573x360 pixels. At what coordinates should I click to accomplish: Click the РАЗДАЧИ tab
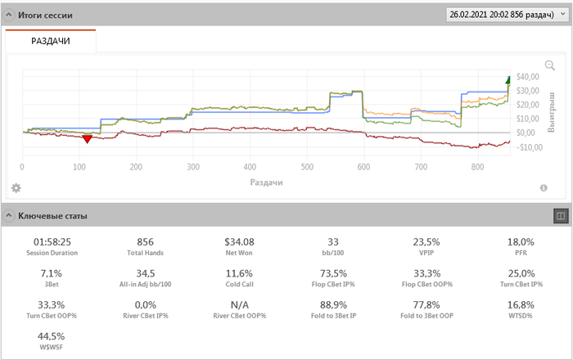pos(50,41)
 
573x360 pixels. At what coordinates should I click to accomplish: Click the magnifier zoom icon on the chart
pos(550,65)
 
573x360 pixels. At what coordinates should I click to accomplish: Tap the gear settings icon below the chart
pos(16,188)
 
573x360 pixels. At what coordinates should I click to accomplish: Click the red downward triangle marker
pos(87,139)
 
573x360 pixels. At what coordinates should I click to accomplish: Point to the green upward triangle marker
pos(508,79)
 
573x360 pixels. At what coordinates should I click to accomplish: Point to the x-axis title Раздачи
pos(266,182)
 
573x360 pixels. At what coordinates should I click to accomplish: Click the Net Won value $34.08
pos(239,242)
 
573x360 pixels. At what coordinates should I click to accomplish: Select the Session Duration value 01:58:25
pos(52,242)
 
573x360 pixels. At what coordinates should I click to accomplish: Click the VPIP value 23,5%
pos(426,242)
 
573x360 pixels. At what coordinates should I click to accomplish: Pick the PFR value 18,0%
pos(521,242)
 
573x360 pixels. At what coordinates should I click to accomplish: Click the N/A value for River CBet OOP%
pos(239,304)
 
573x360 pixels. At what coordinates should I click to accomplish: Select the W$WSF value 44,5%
pos(52,335)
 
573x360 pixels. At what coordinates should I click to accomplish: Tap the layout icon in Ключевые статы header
pos(561,216)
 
